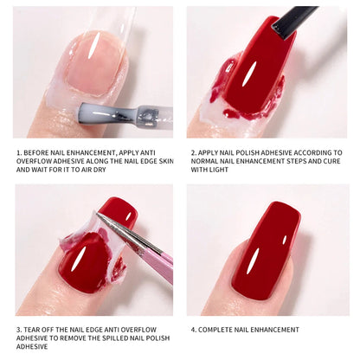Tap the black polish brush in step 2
click(292, 21)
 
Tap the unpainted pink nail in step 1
click(93, 63)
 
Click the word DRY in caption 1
click(100, 170)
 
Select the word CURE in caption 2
click(332, 161)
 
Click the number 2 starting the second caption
click(193, 153)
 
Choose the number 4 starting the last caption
click(193, 330)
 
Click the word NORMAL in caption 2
click(204, 161)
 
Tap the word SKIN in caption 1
click(166, 161)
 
